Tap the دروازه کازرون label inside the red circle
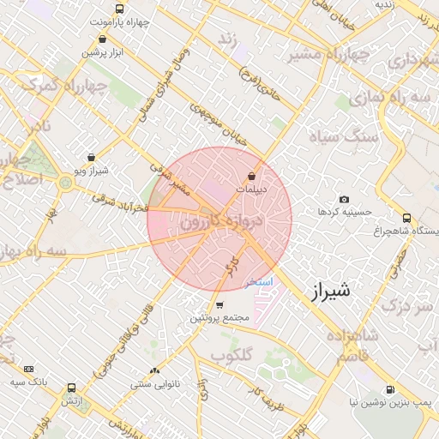219,222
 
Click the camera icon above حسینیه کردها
344,200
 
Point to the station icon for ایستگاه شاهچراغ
406,218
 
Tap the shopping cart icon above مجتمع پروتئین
219,305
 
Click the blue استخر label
258,281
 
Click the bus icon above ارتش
70,388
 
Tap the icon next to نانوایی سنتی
154,370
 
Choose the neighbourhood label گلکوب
232,354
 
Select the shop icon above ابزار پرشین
103,39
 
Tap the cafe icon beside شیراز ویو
91,158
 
